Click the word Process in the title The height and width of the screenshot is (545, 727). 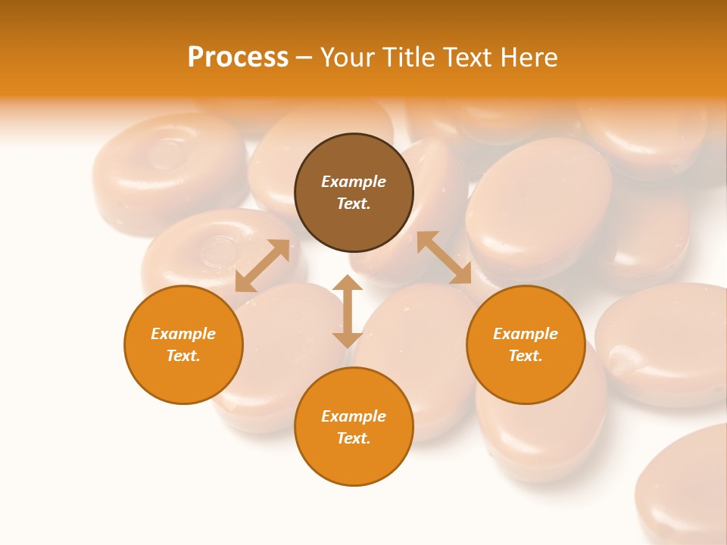[238, 58]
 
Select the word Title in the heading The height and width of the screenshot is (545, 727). [411, 58]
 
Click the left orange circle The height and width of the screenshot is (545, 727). [183, 344]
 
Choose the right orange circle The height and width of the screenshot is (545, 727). [526, 344]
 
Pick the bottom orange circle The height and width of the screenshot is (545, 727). [354, 426]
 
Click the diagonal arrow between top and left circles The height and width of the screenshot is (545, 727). [263, 266]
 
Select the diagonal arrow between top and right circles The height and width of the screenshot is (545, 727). [444, 257]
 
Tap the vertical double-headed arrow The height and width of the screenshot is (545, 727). [348, 311]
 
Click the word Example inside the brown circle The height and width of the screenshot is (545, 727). [354, 182]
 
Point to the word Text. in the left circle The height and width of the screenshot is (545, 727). [183, 356]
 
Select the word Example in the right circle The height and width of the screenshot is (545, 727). [526, 334]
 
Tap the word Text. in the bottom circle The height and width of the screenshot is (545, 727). [354, 438]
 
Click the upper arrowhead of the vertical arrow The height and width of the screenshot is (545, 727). [348, 283]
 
